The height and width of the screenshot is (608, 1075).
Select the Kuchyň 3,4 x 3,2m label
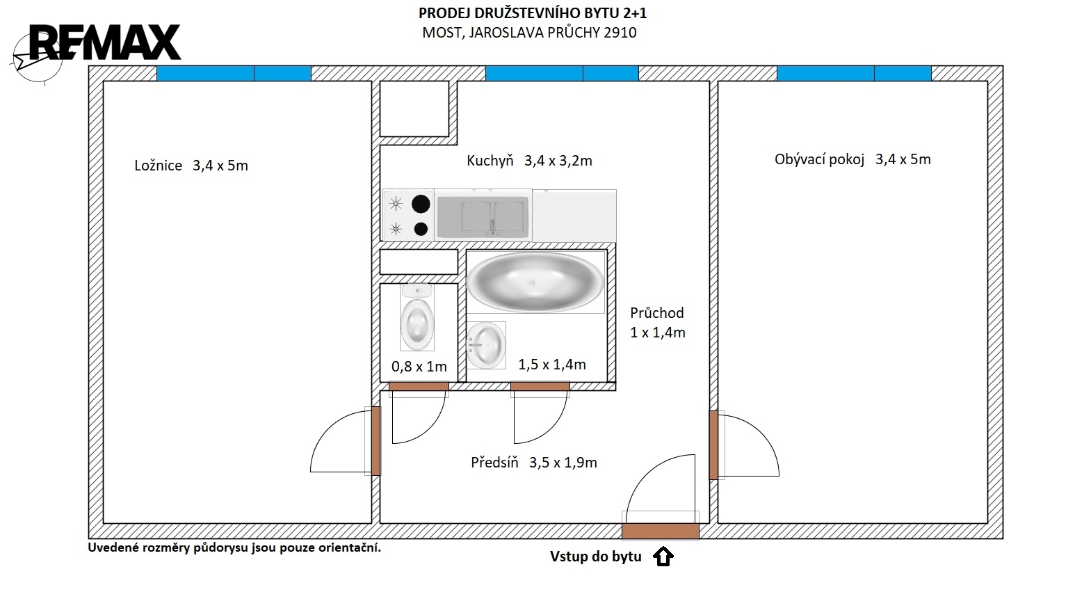pos(529,161)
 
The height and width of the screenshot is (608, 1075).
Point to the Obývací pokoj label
pos(819,159)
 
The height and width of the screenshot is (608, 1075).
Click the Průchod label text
pos(656,312)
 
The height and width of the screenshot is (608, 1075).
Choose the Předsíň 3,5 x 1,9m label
pos(533,463)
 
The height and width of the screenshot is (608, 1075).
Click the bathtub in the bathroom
pos(535,282)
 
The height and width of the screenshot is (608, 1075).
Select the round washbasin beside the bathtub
pos(486,345)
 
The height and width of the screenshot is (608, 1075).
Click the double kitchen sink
pos(483,216)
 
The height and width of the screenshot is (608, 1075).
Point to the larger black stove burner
pos(421,204)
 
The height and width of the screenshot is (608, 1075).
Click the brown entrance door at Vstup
pos(661,531)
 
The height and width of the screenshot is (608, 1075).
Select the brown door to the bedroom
pos(375,441)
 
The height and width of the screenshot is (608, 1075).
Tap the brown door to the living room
pos(713,445)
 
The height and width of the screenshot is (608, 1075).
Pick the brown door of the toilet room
pos(419,386)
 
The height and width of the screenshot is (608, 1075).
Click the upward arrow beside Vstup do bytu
pos(663,556)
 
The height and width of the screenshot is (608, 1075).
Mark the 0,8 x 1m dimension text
pos(419,367)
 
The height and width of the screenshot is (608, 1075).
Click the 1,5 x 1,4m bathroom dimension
pos(552,365)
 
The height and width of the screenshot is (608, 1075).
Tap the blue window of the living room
pos(855,74)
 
